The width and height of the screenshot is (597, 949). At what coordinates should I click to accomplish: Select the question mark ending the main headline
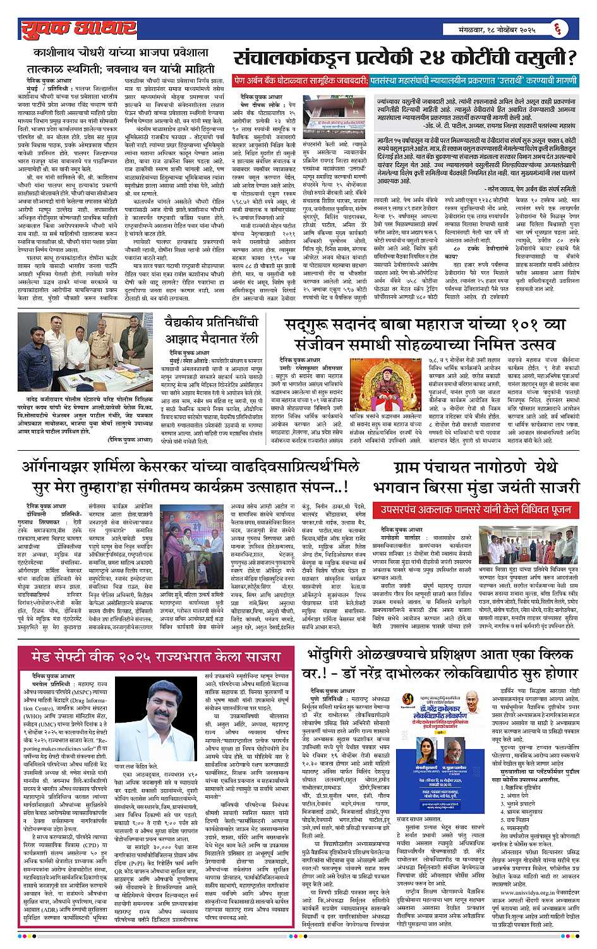point(571,58)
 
